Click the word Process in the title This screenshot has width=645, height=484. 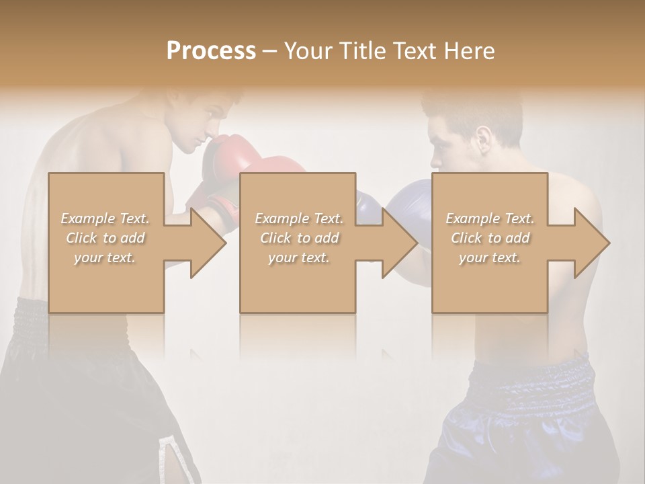point(211,51)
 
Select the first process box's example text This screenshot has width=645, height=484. point(105,238)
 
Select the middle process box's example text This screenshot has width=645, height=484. point(299,238)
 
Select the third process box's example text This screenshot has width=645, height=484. point(490,238)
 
